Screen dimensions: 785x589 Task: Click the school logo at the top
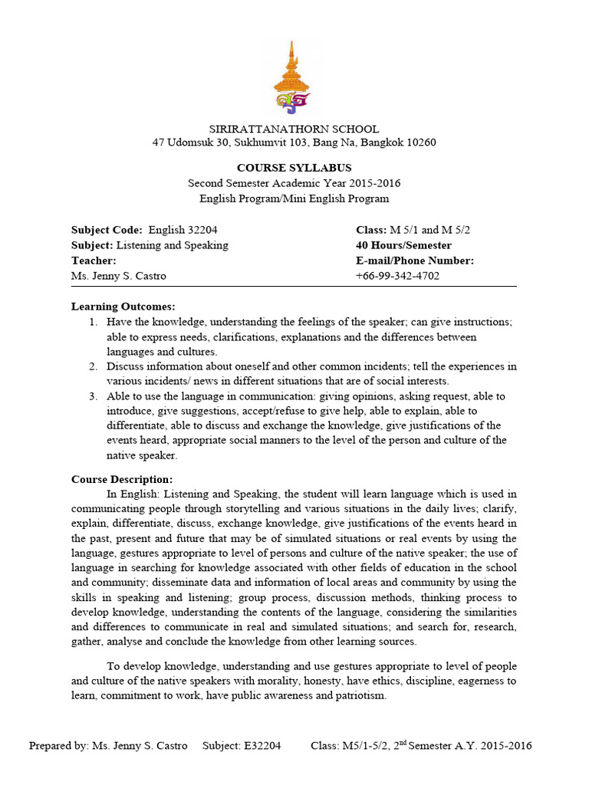tap(294, 77)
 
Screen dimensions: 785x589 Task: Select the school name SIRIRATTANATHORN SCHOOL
tap(294, 129)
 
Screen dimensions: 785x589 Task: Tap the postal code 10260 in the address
tap(420, 143)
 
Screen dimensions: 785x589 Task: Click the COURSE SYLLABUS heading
tap(294, 168)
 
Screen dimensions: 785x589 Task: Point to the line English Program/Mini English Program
tap(294, 199)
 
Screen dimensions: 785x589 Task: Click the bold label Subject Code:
tap(107, 230)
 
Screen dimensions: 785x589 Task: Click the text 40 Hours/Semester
tap(403, 245)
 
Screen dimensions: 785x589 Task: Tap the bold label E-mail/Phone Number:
tap(415, 261)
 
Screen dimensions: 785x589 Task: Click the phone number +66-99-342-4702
tap(397, 276)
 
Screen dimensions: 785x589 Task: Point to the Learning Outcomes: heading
tap(123, 307)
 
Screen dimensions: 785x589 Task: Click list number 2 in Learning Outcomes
tap(92, 366)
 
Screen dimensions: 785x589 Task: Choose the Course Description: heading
tap(122, 480)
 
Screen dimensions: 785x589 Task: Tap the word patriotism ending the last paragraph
tap(360, 696)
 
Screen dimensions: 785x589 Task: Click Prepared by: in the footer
tap(58, 746)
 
